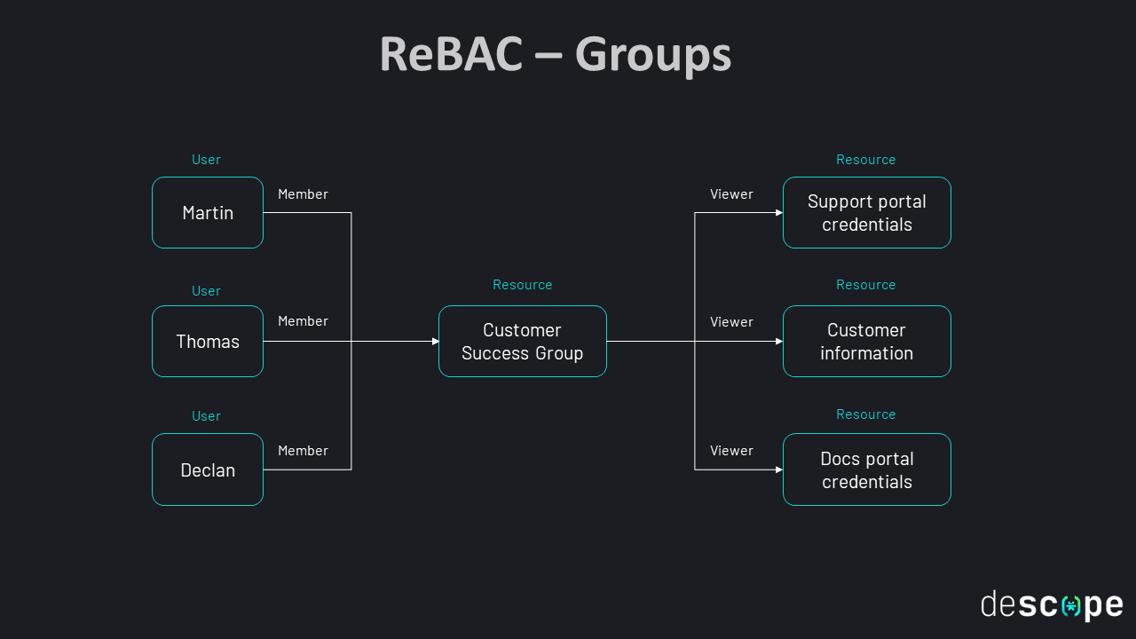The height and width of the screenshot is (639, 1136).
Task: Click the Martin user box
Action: (208, 213)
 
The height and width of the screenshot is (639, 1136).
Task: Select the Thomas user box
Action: (208, 342)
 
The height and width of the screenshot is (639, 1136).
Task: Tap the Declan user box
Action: (208, 469)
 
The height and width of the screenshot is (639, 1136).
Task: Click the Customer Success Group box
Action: (522, 342)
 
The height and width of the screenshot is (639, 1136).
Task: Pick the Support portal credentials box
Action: (866, 213)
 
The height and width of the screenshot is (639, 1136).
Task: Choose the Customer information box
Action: (866, 342)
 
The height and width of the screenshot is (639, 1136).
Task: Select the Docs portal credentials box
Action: (866, 469)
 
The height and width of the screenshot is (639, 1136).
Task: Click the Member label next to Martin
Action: (303, 194)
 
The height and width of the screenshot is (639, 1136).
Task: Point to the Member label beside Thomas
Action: (303, 321)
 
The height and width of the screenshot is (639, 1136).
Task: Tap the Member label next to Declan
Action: (303, 451)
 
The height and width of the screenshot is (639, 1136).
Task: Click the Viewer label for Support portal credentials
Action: (731, 194)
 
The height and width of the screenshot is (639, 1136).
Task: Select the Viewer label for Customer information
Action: (731, 322)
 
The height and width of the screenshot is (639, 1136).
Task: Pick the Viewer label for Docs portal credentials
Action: (731, 451)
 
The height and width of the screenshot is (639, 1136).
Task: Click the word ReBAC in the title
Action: (450, 54)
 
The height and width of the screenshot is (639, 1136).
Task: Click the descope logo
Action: (1052, 605)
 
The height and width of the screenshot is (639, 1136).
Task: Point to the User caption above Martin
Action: (206, 160)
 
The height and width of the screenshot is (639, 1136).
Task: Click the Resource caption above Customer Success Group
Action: (522, 285)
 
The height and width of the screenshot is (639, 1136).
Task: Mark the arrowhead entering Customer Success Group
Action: (435, 342)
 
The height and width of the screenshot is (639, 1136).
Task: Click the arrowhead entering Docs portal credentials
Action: (779, 469)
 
